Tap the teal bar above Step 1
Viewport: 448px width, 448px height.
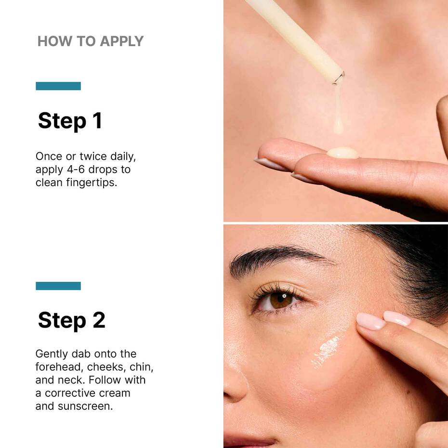pyautogui.click(x=58, y=86)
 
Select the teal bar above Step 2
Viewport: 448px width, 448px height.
pyautogui.click(x=58, y=286)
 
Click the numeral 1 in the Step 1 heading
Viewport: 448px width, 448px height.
pyautogui.click(x=97, y=120)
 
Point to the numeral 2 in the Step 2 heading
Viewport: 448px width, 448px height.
pyautogui.click(x=98, y=320)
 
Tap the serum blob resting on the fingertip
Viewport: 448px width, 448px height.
pyautogui.click(x=343, y=153)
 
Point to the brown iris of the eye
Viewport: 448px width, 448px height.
pyautogui.click(x=280, y=300)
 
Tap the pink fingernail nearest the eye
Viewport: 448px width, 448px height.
pyautogui.click(x=370, y=321)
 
